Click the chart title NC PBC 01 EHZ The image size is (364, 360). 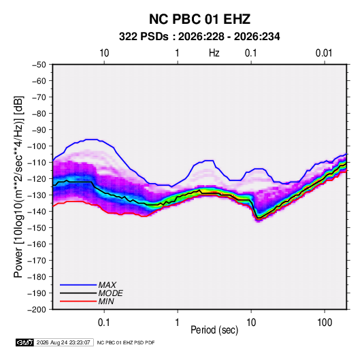(x=199, y=19)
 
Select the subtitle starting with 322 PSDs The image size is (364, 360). (x=199, y=37)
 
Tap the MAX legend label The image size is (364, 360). (x=107, y=284)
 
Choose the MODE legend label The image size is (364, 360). (x=110, y=293)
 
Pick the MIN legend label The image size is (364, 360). (x=106, y=301)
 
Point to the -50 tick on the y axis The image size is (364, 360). (x=39, y=65)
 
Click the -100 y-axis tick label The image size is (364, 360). (x=37, y=146)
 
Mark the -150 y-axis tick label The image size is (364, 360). (x=37, y=228)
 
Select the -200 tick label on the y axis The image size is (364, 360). (x=37, y=310)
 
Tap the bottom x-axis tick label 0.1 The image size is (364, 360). (x=104, y=323)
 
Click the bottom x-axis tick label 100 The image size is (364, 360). (x=325, y=323)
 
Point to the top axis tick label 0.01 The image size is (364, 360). (x=324, y=53)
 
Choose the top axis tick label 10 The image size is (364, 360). (x=104, y=53)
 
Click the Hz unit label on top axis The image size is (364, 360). (x=214, y=53)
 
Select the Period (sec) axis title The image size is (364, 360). (x=214, y=330)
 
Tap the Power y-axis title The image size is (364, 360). (x=18, y=186)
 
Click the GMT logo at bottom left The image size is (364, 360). (x=24, y=342)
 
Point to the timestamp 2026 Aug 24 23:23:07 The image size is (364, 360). (x=63, y=342)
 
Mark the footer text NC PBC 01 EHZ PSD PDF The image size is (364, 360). (x=126, y=342)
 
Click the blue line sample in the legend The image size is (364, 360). (x=78, y=284)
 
